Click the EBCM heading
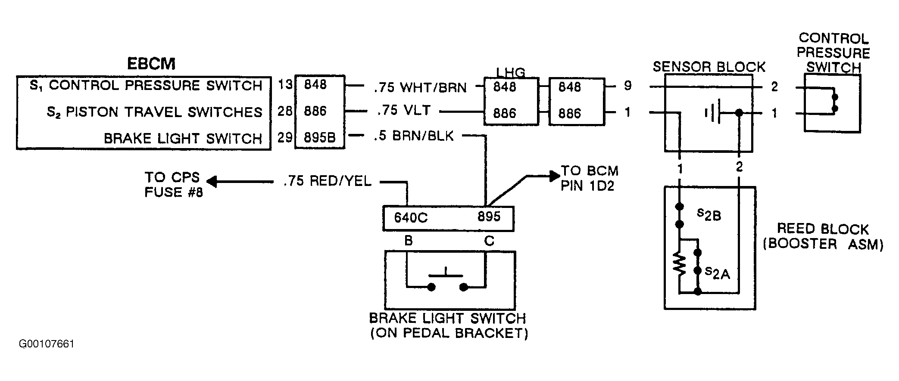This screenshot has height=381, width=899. click(151, 64)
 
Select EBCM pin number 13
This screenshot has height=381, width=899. click(285, 84)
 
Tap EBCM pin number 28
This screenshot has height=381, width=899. click(285, 111)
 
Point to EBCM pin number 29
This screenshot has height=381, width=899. click(285, 137)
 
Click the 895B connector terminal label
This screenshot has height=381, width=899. click(319, 137)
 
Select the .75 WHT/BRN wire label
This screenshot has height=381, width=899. click(420, 87)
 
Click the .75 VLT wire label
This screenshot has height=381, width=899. click(404, 111)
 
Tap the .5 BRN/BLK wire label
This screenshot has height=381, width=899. click(414, 136)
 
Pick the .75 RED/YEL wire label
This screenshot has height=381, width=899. click(328, 181)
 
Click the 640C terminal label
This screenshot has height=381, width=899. click(411, 218)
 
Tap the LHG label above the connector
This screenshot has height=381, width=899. click(511, 72)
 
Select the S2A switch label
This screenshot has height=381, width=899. click(718, 273)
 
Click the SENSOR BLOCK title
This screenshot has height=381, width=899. click(709, 67)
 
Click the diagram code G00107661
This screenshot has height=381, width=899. click(47, 344)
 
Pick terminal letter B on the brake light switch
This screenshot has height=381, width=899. click(409, 241)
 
